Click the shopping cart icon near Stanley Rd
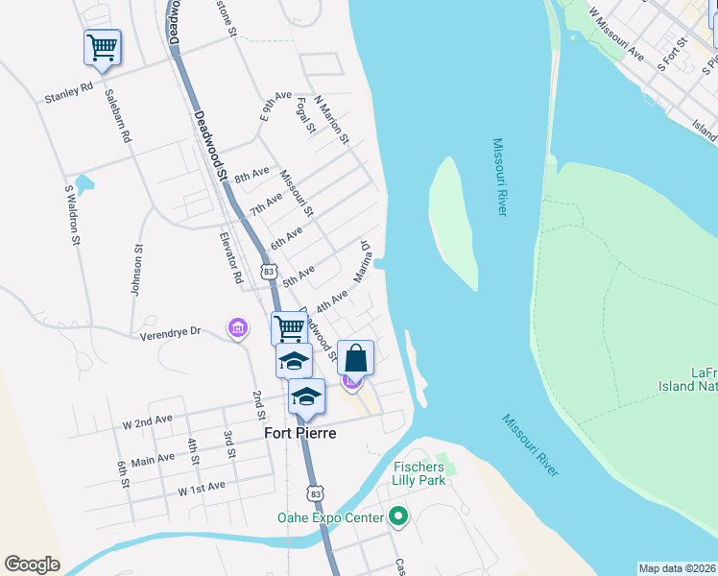pyautogui.click(x=103, y=47)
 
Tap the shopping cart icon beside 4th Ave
pyautogui.click(x=289, y=328)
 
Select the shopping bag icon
pyautogui.click(x=355, y=358)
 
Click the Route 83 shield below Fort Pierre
pyautogui.click(x=316, y=492)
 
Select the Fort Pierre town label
pyautogui.click(x=301, y=433)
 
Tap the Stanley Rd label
pyautogui.click(x=69, y=93)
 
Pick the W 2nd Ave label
pyautogui.click(x=147, y=420)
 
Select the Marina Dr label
pyautogui.click(x=362, y=262)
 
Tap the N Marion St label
pyautogui.click(x=329, y=120)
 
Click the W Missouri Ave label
pyautogui.click(x=615, y=32)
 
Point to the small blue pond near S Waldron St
pyautogui.click(x=84, y=182)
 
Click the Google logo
pyautogui.click(x=32, y=564)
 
